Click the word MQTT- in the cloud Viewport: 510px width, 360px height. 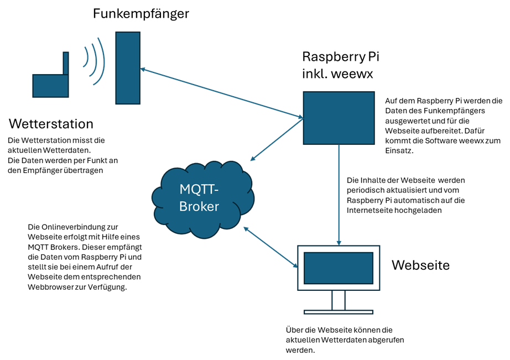pyautogui.click(x=199, y=189)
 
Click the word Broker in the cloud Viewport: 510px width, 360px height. pyautogui.click(x=199, y=207)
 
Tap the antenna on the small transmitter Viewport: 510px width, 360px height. pyautogui.click(x=65, y=63)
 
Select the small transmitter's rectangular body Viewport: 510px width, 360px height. pyautogui.click(x=50, y=86)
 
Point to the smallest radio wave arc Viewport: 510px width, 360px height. pyautogui.click(x=86, y=56)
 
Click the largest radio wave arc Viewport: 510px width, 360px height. pyautogui.click(x=101, y=61)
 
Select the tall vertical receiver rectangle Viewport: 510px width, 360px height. pyautogui.click(x=128, y=67)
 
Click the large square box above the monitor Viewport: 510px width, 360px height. pyautogui.click(x=339, y=118)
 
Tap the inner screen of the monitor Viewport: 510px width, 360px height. pyautogui.click(x=339, y=268)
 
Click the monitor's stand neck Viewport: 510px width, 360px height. pyautogui.click(x=339, y=300)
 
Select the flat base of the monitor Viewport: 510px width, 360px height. pyautogui.click(x=339, y=312)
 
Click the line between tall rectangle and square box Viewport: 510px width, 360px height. pyautogui.click(x=221, y=93)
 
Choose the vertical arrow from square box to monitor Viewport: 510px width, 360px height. pyautogui.click(x=339, y=194)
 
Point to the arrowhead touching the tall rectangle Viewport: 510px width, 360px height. pyautogui.click(x=143, y=69)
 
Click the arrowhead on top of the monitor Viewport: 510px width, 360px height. pyautogui.click(x=339, y=243)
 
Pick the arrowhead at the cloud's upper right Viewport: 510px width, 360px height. pyautogui.click(x=252, y=159)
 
